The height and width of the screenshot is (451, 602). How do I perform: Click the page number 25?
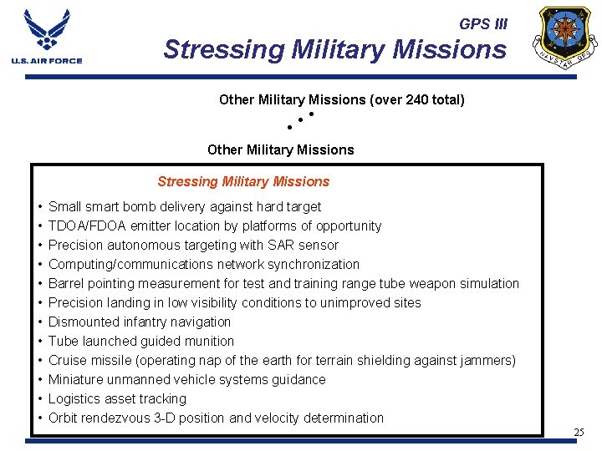[x=579, y=433]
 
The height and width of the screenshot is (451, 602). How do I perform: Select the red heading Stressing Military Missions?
[x=243, y=182]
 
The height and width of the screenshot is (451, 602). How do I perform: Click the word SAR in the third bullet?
[x=275, y=246]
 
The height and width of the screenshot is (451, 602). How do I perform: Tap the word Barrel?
[x=67, y=284]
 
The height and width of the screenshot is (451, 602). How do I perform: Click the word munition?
[x=208, y=342]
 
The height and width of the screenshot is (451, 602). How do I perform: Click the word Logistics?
[x=74, y=399]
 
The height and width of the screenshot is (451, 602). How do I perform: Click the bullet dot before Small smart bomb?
[x=40, y=207]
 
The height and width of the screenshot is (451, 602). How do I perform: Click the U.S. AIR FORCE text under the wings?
[x=47, y=61]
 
